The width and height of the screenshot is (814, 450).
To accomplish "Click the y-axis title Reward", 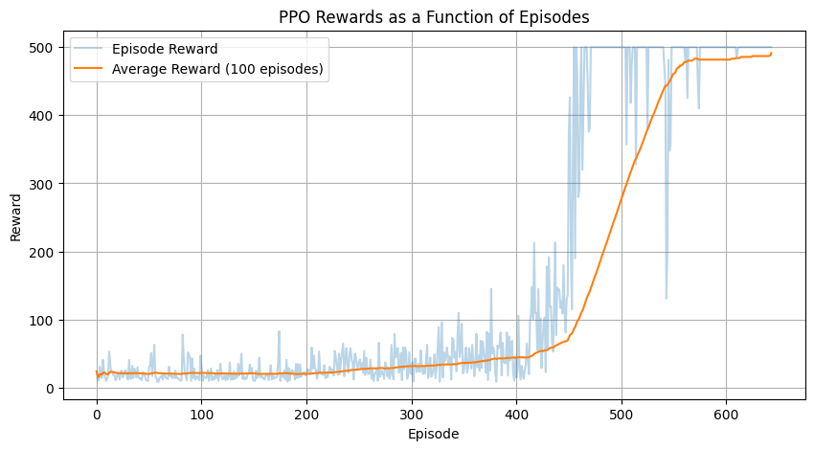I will coord(16,217).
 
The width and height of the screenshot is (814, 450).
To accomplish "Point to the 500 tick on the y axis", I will coord(42,48).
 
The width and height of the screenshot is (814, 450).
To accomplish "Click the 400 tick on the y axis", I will coord(42,116).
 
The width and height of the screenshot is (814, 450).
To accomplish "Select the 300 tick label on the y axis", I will coord(42,184).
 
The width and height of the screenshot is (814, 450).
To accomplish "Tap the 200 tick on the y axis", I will coord(42,253).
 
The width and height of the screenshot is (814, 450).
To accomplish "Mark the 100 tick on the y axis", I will coord(42,321).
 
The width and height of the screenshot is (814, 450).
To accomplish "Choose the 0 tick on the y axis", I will coord(50,389).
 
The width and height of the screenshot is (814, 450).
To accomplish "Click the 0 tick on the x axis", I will coord(97,414).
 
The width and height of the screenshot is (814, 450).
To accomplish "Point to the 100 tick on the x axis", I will coord(201,414).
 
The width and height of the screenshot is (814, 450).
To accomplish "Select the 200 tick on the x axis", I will coord(306,414).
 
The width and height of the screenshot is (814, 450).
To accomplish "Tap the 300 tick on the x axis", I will coord(412,414).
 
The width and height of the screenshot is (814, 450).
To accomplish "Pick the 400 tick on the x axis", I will coord(516,414).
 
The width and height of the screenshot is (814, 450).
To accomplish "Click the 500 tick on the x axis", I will coord(622,414).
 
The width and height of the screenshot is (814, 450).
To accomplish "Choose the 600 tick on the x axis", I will coord(727,414).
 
